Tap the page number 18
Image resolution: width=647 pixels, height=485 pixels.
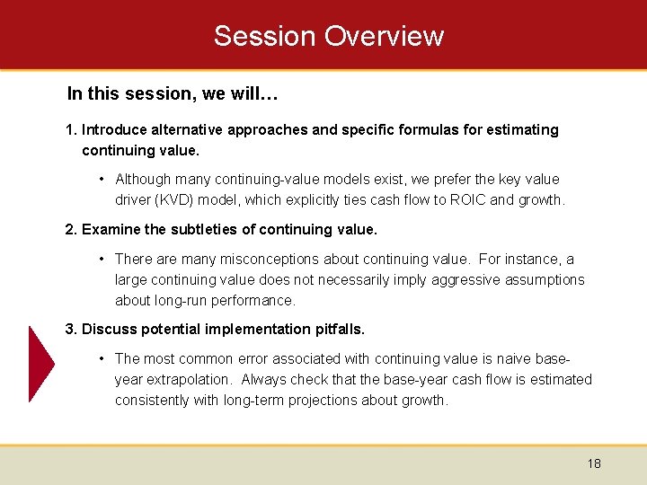coord(594,463)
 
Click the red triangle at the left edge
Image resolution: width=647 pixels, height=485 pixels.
coord(41,364)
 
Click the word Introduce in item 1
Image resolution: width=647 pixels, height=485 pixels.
coord(114,129)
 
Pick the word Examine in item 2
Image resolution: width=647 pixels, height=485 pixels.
coord(111,229)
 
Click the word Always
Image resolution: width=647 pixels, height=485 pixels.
coord(263,379)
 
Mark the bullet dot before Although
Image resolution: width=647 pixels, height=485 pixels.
coord(104,179)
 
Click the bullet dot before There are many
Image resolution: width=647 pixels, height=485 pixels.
coord(104,259)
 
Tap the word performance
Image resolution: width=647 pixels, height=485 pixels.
coord(256,300)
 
